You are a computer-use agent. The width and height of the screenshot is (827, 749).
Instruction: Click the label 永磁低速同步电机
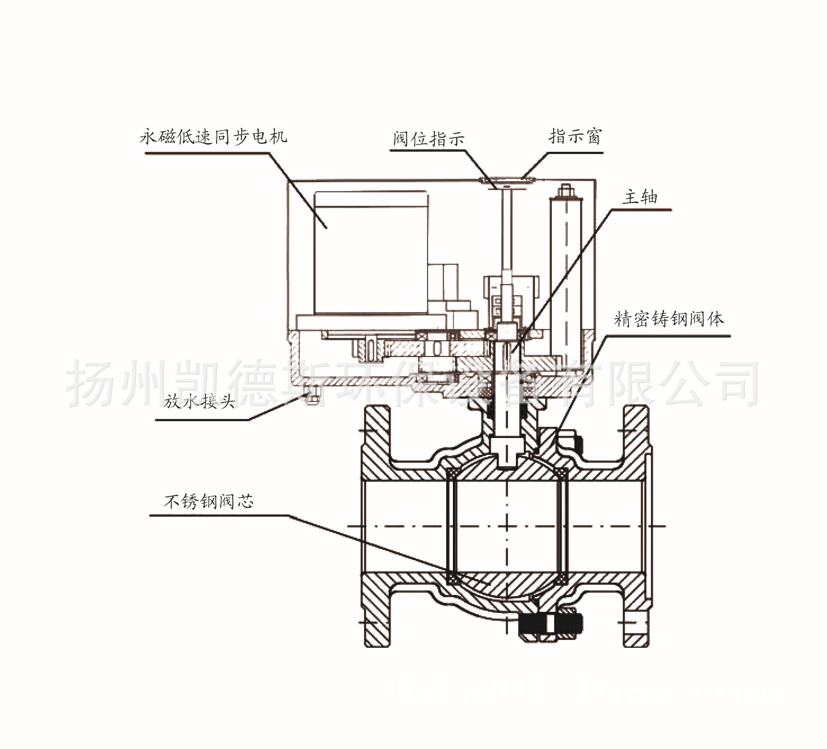213,137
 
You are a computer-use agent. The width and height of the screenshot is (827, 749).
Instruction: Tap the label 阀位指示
429,138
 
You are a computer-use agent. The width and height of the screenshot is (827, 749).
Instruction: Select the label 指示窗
575,136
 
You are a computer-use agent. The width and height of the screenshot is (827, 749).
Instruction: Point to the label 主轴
640,197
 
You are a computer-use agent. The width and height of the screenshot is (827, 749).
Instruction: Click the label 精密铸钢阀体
669,319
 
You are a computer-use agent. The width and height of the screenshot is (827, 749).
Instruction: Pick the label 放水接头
199,401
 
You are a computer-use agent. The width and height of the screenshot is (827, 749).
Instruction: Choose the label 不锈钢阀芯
208,500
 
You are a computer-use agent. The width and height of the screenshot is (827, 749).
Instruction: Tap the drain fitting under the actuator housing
311,392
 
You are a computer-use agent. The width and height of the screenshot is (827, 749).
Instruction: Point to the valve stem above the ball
506,433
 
